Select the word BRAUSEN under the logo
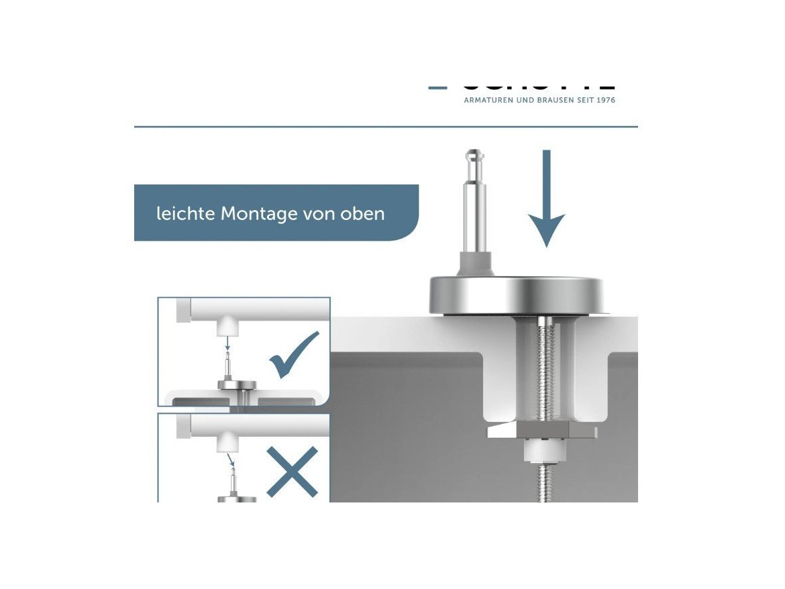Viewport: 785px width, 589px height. pos(544,101)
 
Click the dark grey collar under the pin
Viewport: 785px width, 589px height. pos(476,263)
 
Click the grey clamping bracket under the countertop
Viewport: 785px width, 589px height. pos(541,429)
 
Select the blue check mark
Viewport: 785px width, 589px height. pos(293,356)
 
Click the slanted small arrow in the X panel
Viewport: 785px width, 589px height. pos(231,460)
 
